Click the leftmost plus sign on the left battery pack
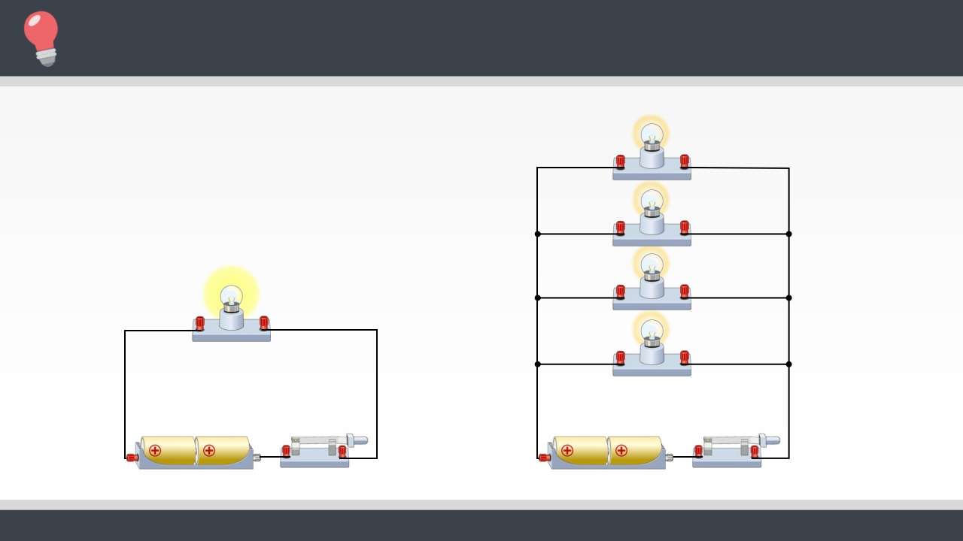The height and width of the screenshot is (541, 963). coord(155,451)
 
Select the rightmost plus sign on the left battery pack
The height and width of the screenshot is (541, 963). coord(209,451)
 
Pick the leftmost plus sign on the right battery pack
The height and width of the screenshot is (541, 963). coord(567,451)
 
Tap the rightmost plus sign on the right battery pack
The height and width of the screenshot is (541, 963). coord(621,451)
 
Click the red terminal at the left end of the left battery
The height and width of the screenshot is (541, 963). coord(132,458)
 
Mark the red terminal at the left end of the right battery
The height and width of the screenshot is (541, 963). coord(544,458)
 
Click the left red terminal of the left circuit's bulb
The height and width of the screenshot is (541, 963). coord(199,324)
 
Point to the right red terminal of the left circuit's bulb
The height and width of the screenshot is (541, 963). coord(264,324)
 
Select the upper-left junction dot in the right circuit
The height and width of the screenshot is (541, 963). coord(537,234)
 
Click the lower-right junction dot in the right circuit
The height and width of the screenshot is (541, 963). coord(788,364)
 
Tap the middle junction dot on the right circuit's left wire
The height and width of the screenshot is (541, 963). coord(537,298)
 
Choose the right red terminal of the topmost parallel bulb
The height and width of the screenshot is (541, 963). coord(685,162)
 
